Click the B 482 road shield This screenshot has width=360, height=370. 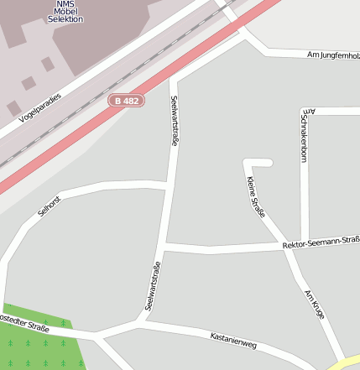tap(127, 101)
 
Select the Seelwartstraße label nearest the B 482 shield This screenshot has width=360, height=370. tap(175, 121)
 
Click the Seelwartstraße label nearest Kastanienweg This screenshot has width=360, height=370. tap(153, 286)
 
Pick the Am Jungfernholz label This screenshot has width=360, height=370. tap(333, 55)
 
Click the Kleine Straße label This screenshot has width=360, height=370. tap(256, 198)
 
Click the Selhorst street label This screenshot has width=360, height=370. tap(50, 205)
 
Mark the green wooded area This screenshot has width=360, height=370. tap(38, 344)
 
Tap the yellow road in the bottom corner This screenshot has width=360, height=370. tap(347, 363)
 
